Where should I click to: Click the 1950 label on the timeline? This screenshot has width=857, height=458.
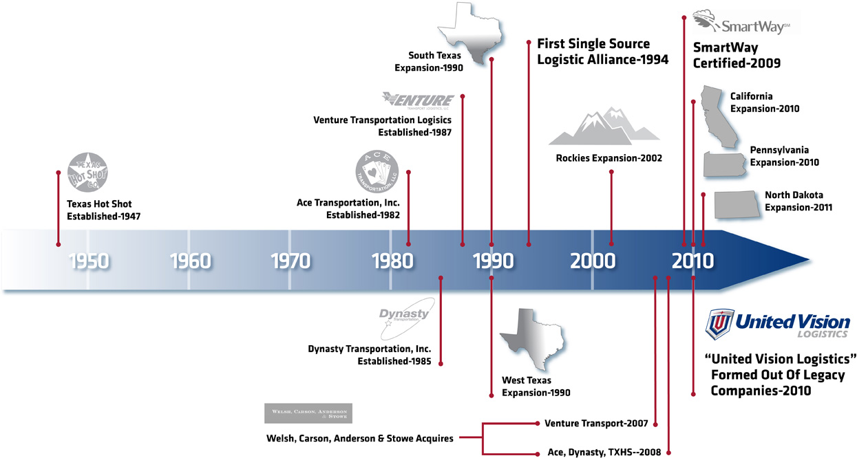(89, 261)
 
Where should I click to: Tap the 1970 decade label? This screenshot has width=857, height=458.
(290, 261)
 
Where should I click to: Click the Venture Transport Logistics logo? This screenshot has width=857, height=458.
(419, 100)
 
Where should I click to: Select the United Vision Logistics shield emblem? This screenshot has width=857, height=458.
(719, 324)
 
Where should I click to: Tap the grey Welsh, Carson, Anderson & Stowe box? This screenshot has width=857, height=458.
(308, 413)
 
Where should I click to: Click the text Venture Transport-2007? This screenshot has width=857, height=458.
(596, 423)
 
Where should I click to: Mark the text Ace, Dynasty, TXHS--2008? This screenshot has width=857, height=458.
(602, 452)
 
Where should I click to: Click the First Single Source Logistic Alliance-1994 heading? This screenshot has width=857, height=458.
(602, 52)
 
